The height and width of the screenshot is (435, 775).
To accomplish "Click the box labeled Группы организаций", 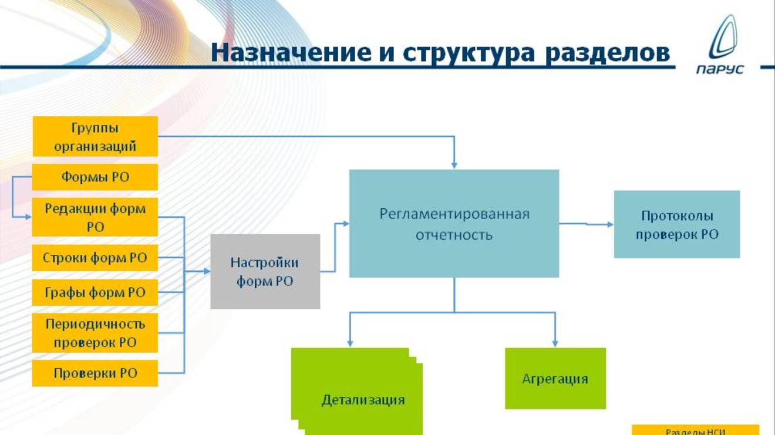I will (x=95, y=136).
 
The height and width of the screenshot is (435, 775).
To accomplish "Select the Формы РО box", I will (x=95, y=177).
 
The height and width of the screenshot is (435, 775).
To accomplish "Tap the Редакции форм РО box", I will (x=95, y=217).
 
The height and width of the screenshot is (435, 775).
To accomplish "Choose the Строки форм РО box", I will (x=95, y=258).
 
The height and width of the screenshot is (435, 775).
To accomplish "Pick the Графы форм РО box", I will (x=95, y=292).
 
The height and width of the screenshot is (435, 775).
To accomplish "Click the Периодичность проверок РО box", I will (x=95, y=333).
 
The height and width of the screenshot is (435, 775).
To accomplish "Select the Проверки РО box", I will (x=95, y=373).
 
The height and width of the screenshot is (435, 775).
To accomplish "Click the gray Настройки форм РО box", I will (x=265, y=271).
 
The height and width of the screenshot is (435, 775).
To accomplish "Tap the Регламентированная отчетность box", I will (x=454, y=223).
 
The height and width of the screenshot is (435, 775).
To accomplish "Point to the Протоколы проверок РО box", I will (x=676, y=224).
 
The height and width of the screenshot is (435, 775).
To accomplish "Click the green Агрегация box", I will (x=555, y=378).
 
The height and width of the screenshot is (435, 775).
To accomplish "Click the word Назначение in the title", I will (x=285, y=52).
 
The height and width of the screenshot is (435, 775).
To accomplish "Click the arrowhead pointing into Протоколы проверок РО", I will (x=610, y=224).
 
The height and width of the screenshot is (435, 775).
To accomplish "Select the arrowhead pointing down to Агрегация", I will (x=554, y=343).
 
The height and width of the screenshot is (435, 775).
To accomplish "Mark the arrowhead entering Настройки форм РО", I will (x=207, y=271).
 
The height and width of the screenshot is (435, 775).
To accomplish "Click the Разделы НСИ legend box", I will (x=695, y=431).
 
